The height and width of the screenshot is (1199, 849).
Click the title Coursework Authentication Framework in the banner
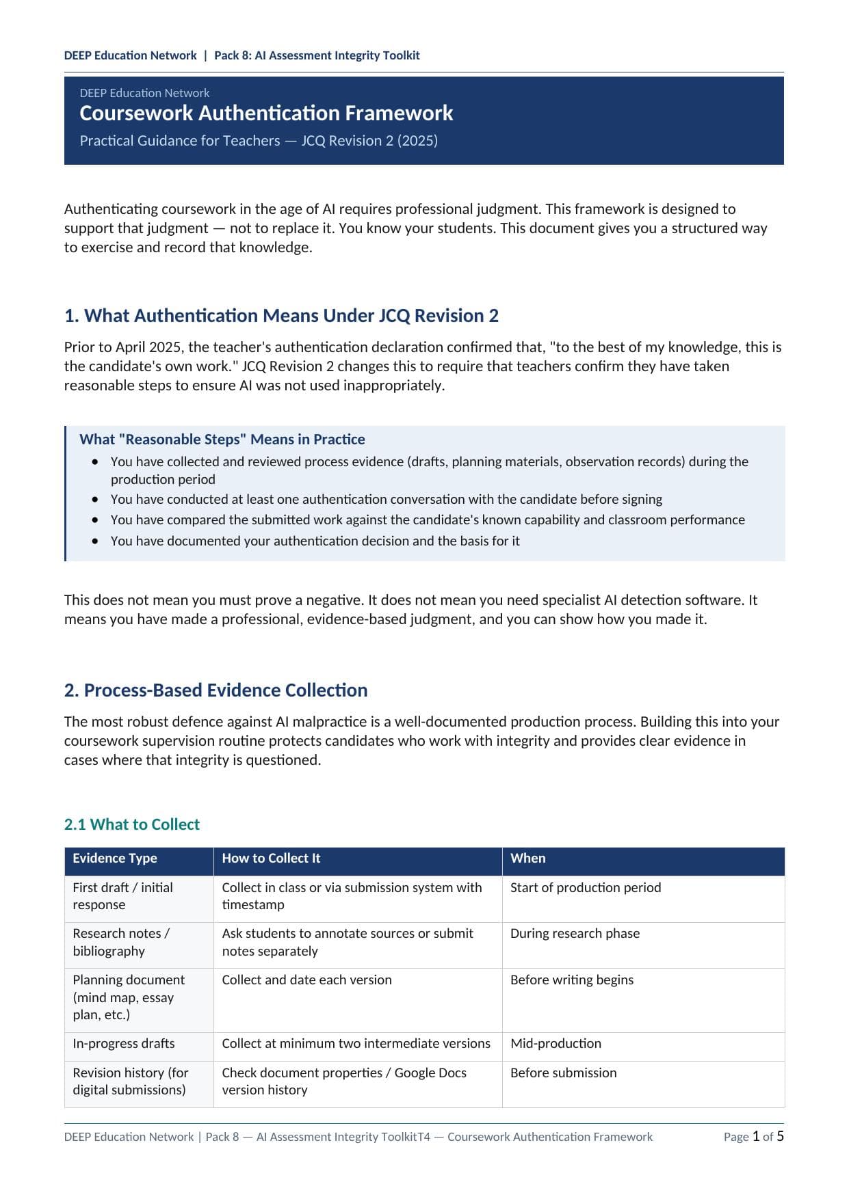coord(266,113)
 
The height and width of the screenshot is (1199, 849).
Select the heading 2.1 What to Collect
coord(131,824)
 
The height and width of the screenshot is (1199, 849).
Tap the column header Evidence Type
coord(115,858)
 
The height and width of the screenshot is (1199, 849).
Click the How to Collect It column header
coord(271,858)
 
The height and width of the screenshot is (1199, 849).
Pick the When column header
coord(527,858)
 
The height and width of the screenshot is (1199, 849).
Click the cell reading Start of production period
coord(586,887)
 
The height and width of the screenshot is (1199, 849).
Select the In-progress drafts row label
coord(124,1043)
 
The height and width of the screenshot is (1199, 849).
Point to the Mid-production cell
coord(556,1043)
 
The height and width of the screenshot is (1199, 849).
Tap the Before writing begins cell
coord(572,980)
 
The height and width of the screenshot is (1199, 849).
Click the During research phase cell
coord(575,933)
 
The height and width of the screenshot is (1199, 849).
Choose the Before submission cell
coord(563,1073)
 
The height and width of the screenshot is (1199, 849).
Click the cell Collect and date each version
coord(306,980)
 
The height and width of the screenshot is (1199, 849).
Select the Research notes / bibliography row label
coord(121,942)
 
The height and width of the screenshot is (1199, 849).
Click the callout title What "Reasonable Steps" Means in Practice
coord(222,440)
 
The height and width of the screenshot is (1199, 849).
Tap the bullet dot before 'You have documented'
coord(95,541)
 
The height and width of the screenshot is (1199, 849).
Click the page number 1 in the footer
coord(756,1136)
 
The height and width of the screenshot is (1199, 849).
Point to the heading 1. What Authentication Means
coord(281,316)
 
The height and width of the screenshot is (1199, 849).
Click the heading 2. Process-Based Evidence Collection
coord(215,690)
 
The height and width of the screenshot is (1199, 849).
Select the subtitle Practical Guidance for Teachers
coord(259,141)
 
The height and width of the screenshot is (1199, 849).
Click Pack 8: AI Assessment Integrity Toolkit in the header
coord(317,55)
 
